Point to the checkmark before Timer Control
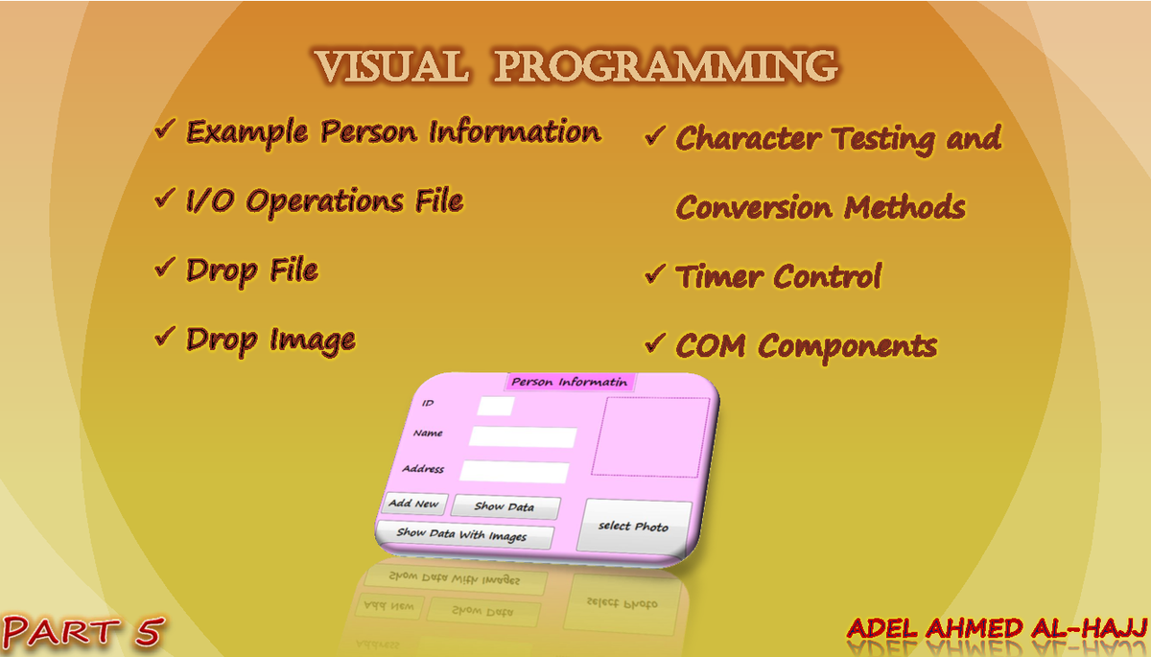coord(655,274)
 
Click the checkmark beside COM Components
coord(655,342)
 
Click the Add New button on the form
coord(413,504)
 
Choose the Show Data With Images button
coord(462,534)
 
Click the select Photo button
coord(633,527)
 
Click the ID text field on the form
coord(495,407)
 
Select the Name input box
coord(522,437)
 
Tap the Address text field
coord(514,471)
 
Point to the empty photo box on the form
coord(650,436)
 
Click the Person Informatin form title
coord(569,382)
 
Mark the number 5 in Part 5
coord(146,632)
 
